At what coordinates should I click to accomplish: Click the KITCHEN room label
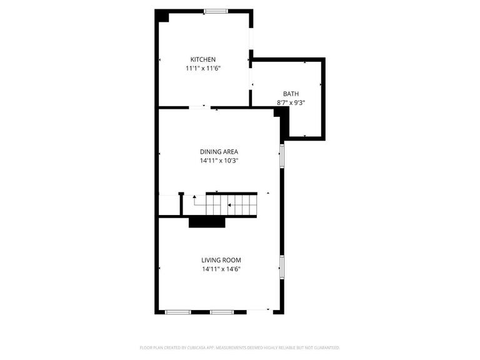pos(203,59)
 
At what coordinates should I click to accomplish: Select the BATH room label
pos(291,94)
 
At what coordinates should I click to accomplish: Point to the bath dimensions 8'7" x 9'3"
pos(291,102)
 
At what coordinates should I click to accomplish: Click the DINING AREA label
pos(219,152)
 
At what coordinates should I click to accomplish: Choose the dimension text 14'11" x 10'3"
pos(219,161)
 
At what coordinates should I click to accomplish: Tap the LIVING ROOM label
pos(221,260)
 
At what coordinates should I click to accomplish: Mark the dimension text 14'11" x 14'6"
pos(221,269)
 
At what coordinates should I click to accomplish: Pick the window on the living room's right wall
pos(282,266)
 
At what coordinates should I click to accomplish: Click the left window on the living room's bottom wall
pos(178,311)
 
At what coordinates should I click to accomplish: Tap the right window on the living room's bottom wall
pos(221,311)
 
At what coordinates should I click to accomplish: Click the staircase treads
pos(232,204)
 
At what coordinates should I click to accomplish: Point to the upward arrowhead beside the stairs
pos(194,197)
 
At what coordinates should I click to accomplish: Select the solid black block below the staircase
pos(207,222)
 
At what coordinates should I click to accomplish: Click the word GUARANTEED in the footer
pos(324,347)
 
